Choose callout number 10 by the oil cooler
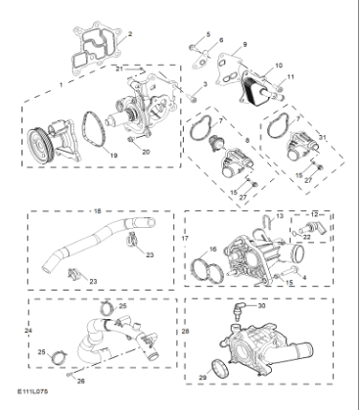click(x=280, y=66)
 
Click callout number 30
click(x=261, y=305)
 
